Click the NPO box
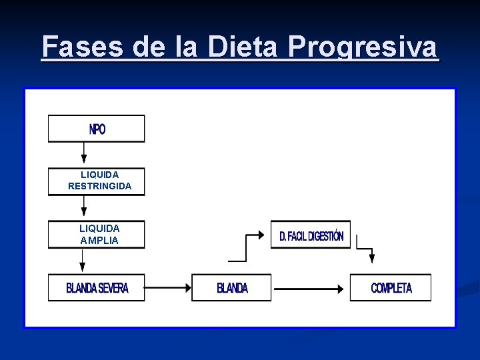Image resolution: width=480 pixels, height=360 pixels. (x=96, y=129)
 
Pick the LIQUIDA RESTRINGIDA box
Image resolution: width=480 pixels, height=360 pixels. (x=96, y=181)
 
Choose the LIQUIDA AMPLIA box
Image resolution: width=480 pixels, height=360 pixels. (x=96, y=234)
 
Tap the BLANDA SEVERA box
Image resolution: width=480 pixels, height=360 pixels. (x=96, y=288)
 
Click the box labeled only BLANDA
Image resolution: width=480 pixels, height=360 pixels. (x=231, y=288)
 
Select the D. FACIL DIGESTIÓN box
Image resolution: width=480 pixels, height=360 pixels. (x=310, y=235)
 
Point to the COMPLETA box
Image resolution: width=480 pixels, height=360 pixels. (x=391, y=288)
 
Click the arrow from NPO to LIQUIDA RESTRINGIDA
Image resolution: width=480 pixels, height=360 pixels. (x=84, y=153)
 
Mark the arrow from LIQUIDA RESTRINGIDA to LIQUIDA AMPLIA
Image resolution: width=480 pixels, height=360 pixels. (x=84, y=207)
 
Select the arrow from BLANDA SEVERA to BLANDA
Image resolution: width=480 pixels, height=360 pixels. (x=168, y=288)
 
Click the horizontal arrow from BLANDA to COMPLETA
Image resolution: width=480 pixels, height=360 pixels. (x=311, y=289)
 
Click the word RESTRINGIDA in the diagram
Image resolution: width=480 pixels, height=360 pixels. (x=100, y=186)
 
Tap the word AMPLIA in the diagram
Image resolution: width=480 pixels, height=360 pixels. (x=99, y=240)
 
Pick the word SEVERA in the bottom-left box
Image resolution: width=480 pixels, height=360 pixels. (x=113, y=288)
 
